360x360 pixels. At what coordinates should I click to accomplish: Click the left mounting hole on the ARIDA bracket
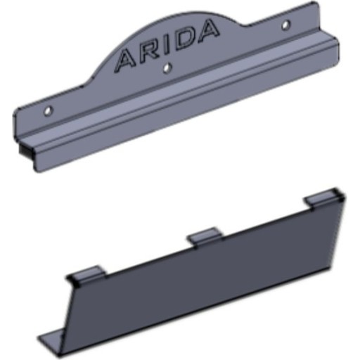click(48, 110)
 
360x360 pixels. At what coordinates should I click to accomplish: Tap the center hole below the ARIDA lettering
click(167, 68)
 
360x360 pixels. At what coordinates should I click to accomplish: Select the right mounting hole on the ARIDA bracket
click(285, 25)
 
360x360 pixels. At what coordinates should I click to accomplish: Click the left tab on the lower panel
click(88, 273)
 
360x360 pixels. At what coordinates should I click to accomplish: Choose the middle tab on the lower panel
click(205, 234)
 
